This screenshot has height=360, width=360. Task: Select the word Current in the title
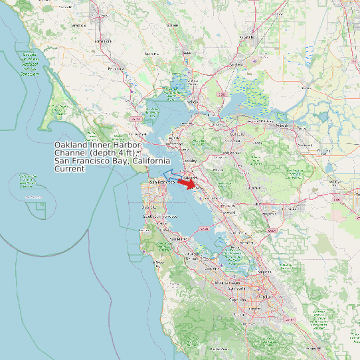coord(70,169)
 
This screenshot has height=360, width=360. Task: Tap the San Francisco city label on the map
coord(161,181)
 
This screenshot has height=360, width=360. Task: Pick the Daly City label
coord(149,207)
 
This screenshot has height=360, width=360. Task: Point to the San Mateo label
coord(178,238)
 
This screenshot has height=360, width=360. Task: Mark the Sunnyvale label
coord(236,290)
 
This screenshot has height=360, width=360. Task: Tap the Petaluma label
coord(116,68)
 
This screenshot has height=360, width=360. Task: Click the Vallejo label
coord(193,102)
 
